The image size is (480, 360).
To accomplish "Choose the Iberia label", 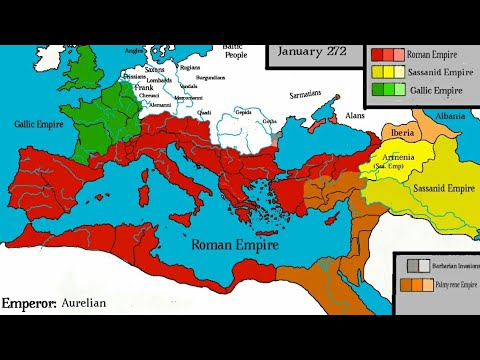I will pyautogui.click(x=404, y=132).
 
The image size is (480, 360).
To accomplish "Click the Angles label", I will pyautogui.click(x=134, y=48).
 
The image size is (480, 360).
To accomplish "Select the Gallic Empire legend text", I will pyautogui.click(x=436, y=90).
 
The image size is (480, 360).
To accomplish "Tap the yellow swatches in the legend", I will pyautogui.click(x=386, y=72).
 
